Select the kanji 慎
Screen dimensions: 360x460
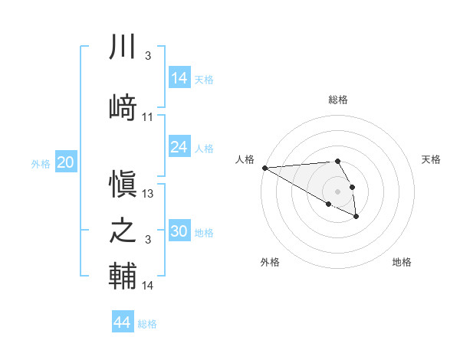click(x=123, y=182)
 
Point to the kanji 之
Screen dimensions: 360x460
click(x=123, y=231)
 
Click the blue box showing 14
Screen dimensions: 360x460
click(x=179, y=78)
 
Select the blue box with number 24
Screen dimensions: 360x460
click(x=179, y=147)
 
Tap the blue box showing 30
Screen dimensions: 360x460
click(x=179, y=231)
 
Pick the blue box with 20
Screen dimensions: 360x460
click(x=66, y=162)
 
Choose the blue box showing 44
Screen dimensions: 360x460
click(x=123, y=322)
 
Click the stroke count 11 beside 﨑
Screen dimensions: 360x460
click(x=148, y=117)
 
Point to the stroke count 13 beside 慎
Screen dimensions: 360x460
click(x=148, y=193)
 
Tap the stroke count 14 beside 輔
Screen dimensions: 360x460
click(x=148, y=286)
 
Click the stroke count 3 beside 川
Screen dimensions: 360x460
click(x=147, y=57)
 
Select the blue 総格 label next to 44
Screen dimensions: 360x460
click(x=147, y=324)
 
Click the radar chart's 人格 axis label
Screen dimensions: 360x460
click(x=245, y=159)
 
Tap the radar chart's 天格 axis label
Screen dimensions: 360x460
click(x=432, y=159)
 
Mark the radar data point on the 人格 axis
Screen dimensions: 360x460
click(x=264, y=168)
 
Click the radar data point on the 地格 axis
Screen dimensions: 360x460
click(x=356, y=217)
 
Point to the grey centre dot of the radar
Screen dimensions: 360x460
click(x=337, y=191)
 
